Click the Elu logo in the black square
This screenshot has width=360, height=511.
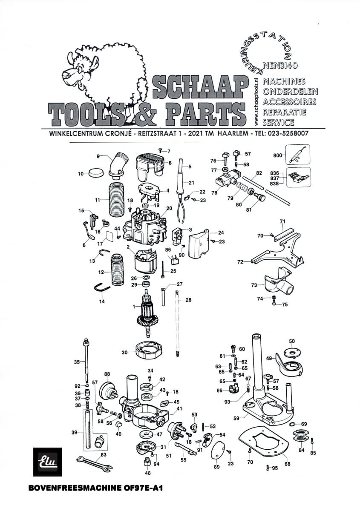pyautogui.click(x=47, y=462)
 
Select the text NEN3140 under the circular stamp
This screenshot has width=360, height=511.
pyautogui.click(x=280, y=66)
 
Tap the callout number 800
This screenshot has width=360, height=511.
pyautogui.click(x=278, y=156)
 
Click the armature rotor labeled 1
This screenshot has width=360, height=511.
pyautogui.click(x=148, y=314)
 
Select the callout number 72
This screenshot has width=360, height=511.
pyautogui.click(x=240, y=262)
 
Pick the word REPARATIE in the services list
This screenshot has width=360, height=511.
pyautogui.click(x=284, y=112)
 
